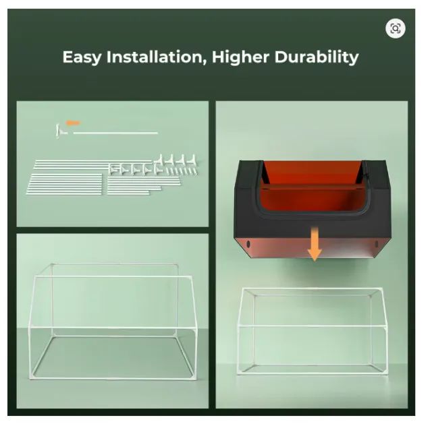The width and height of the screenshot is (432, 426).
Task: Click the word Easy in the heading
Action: [82, 57]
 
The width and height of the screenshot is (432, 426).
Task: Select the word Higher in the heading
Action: [240, 57]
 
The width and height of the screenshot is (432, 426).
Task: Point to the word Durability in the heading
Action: [317, 57]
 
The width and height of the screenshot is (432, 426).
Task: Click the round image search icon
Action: [396, 28]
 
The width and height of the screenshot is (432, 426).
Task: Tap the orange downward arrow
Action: [315, 244]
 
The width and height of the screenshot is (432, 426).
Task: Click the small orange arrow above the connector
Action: [73, 123]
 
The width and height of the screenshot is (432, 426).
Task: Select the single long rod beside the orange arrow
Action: [115, 133]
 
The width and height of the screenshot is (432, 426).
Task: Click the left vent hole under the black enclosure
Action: [248, 244]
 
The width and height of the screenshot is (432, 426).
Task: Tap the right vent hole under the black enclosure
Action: [377, 244]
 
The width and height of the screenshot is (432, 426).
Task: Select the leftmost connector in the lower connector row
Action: [113, 169]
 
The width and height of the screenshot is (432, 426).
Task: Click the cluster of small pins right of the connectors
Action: [182, 171]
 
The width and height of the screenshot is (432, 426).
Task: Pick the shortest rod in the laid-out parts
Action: [128, 193]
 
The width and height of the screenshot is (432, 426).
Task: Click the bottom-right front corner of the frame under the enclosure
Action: [385, 373]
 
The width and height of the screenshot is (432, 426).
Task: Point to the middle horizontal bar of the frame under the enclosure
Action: [312, 326]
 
